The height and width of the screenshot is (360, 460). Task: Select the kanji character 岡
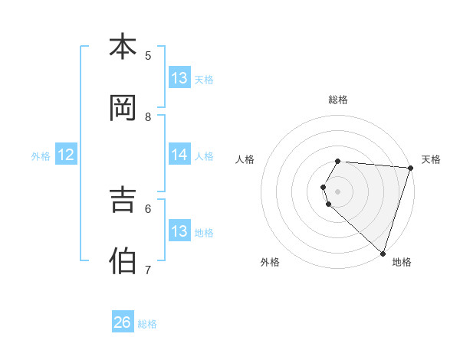(x=123, y=108)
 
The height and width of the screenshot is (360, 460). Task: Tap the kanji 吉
(x=123, y=200)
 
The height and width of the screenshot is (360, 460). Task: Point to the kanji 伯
(x=123, y=261)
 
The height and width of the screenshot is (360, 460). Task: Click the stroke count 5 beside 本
(x=148, y=55)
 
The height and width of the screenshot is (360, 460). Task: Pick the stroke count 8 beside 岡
(x=148, y=116)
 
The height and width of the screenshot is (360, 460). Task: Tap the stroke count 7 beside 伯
(x=148, y=270)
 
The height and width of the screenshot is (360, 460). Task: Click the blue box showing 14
(x=179, y=155)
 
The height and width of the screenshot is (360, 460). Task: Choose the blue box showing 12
(x=66, y=155)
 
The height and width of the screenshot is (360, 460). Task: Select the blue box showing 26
(x=123, y=322)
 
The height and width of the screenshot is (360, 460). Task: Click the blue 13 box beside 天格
(x=179, y=78)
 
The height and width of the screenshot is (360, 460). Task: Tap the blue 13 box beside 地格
(x=179, y=231)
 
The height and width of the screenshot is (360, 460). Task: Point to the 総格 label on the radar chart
(x=338, y=100)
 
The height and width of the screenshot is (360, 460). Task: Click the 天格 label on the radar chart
(x=431, y=159)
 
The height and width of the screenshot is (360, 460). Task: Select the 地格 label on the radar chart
(x=402, y=262)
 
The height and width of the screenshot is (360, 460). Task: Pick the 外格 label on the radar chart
(x=270, y=262)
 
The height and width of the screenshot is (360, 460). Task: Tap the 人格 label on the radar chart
(x=245, y=159)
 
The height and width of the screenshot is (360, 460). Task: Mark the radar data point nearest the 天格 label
(x=411, y=168)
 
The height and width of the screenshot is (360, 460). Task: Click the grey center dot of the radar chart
(x=338, y=191)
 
